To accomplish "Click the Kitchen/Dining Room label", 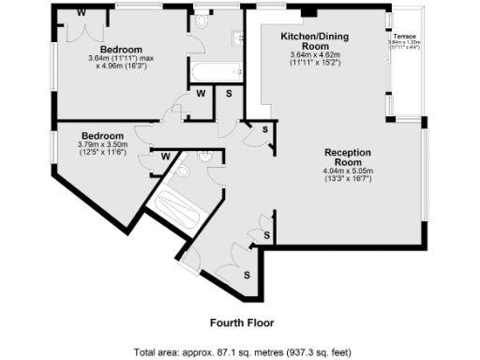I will pyautogui.click(x=305, y=40).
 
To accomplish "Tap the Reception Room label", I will pyautogui.click(x=348, y=157).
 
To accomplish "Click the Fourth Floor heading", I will pyautogui.click(x=242, y=322).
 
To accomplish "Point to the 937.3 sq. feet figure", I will pyautogui.click(x=319, y=352).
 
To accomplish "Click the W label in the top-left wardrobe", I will pyautogui.click(x=81, y=12).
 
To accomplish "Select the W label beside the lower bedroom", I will pyautogui.click(x=165, y=157).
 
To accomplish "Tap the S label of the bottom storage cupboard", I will pyautogui.click(x=247, y=275).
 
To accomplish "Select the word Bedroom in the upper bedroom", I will pyautogui.click(x=122, y=50).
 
